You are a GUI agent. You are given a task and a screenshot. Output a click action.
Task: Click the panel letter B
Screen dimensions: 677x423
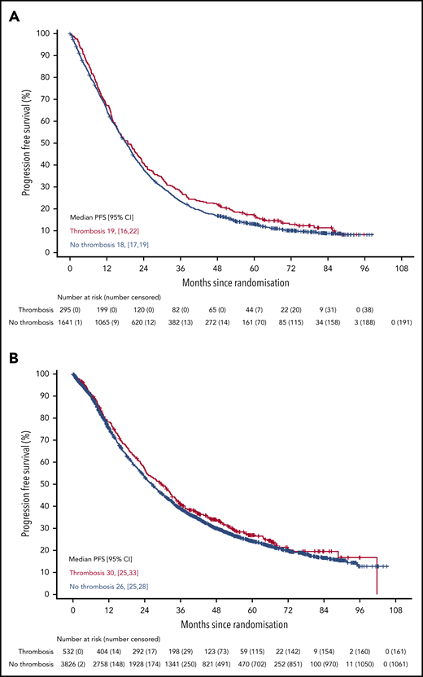click(x=14, y=356)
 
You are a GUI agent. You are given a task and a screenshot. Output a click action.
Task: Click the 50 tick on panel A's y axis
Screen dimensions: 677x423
click(x=51, y=143)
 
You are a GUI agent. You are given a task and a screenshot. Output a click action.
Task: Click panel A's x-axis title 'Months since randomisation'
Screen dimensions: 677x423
click(x=233, y=282)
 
